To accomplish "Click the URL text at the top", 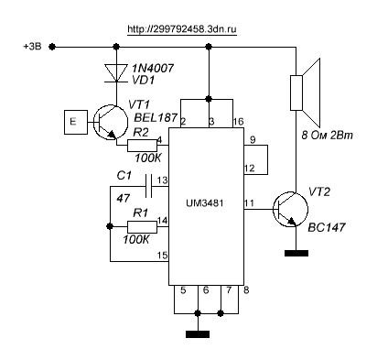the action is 182,29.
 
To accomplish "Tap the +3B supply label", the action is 32,47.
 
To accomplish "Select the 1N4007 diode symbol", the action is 116,73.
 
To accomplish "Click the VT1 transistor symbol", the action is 110,122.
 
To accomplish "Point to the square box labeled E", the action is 76,122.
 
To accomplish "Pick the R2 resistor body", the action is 142,146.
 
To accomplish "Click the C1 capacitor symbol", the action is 148,186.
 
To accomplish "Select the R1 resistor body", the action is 142,227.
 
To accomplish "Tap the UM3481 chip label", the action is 205,203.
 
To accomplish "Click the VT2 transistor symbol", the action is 290,209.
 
